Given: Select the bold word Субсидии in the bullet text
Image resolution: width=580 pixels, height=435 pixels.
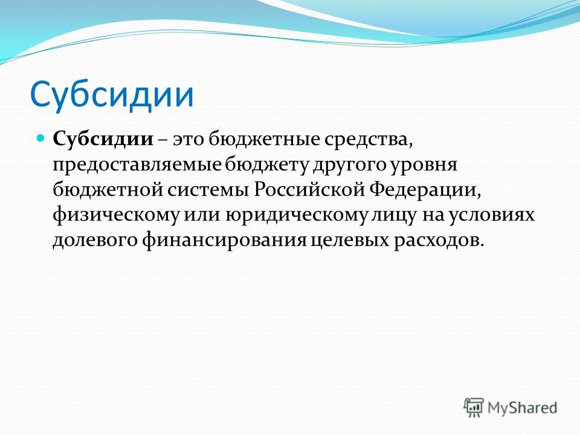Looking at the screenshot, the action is tap(103, 140).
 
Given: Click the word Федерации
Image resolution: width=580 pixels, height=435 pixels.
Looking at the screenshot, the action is tap(425, 190).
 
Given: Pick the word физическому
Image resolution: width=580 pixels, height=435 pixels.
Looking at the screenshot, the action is tap(116, 216).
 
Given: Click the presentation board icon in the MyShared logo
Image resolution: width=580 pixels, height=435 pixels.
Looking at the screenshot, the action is tap(474, 407).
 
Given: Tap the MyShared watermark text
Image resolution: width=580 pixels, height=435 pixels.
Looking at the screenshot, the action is tap(522, 408).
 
